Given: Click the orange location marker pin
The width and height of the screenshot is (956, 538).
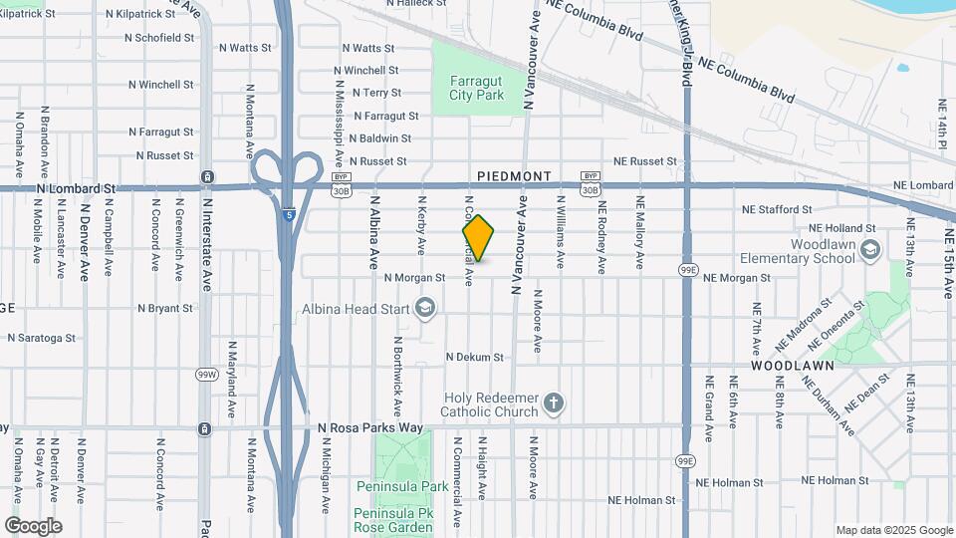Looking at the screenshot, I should [x=478, y=237].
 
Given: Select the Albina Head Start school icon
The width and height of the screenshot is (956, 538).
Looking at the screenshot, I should [x=426, y=308].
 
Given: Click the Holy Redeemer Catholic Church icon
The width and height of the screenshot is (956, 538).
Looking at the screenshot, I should [x=554, y=403].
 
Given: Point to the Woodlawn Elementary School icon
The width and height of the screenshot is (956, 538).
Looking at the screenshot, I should [x=870, y=247].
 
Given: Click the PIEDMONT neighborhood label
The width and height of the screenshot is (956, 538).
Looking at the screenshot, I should [x=514, y=176].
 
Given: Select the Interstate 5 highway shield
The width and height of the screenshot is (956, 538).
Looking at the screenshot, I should [x=288, y=214].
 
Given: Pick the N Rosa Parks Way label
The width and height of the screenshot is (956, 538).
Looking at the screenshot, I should [x=370, y=428].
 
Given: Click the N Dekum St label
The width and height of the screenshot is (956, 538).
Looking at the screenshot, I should [x=475, y=357].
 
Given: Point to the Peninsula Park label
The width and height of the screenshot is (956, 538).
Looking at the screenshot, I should [x=401, y=486].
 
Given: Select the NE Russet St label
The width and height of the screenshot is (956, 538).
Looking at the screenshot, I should [x=644, y=160].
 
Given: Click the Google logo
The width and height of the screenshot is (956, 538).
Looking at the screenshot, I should [x=33, y=526].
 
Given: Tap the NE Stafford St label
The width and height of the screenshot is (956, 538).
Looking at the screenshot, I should [x=777, y=209].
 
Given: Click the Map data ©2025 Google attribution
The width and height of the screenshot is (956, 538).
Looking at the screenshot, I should [x=894, y=530].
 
